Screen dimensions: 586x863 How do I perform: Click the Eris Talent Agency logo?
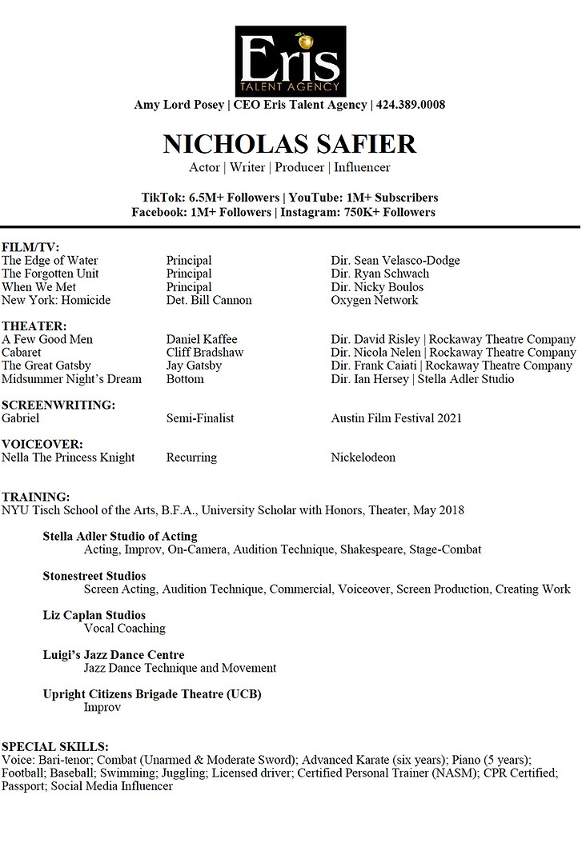pos(291,61)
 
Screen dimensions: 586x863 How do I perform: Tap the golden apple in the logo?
pos(303,39)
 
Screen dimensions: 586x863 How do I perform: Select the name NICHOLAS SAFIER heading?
pos(290,144)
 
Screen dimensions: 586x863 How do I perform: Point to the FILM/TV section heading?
pos(30,247)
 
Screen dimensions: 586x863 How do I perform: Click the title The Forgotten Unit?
pos(50,274)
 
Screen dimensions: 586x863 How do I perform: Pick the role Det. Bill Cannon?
pos(209,300)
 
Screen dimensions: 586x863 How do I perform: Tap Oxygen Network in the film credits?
pos(374,300)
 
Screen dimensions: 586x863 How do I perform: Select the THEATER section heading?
pos(34,326)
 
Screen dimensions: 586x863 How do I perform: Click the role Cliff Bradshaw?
pos(205,353)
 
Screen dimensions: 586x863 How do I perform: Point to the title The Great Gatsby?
pos(46,366)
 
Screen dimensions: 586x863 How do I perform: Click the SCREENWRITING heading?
pos(58,405)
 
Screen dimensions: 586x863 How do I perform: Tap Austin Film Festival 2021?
pos(395,418)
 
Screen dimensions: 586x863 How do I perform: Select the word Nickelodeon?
pos(363,457)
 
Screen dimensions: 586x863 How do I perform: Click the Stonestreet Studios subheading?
pos(94,576)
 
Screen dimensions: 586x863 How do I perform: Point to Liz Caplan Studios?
pos(94,615)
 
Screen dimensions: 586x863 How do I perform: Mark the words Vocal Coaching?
pos(124,629)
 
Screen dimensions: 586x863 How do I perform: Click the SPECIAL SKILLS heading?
pos(55,746)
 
